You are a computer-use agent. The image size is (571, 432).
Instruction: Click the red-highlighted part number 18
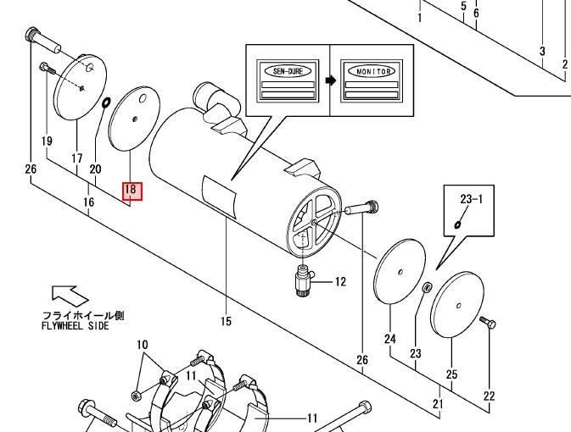coord(132,191)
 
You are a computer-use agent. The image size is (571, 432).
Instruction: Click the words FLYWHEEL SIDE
coord(76,326)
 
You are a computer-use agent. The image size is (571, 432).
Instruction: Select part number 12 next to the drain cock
coord(340,282)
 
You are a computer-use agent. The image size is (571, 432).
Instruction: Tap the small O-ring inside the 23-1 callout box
coord(458,224)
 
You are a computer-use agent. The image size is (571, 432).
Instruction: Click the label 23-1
coord(470,200)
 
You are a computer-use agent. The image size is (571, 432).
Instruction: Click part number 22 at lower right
coord(488,396)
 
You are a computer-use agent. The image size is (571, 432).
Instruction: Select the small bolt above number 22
coord(486,323)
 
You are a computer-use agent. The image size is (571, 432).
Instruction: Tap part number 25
coord(451,374)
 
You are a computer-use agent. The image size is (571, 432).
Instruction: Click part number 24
coord(390,339)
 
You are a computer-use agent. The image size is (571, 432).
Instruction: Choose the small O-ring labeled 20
coord(106,102)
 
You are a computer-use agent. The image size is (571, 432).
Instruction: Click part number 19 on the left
coord(47,140)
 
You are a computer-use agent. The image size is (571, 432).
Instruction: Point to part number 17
coord(76,158)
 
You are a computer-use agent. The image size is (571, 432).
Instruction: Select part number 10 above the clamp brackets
coord(142,345)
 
